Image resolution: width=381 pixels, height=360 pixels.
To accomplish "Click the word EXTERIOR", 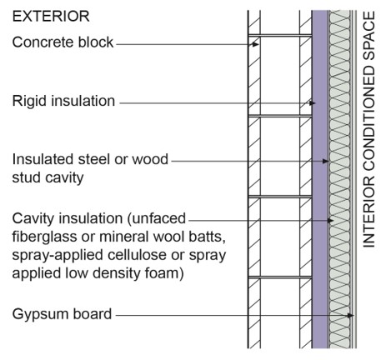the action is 51,16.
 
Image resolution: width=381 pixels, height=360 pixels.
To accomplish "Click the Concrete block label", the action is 63,42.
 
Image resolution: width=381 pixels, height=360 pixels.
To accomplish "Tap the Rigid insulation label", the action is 63,101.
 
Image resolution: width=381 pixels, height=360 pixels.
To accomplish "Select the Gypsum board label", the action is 62,314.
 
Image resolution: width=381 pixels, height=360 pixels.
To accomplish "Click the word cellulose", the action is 135,255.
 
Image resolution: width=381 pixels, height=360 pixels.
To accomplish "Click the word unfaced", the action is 157,218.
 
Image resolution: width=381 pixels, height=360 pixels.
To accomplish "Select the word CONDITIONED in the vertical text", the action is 369,117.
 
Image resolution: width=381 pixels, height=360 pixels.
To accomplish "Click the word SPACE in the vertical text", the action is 369,36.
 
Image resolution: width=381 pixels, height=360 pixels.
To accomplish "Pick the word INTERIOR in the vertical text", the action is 369,212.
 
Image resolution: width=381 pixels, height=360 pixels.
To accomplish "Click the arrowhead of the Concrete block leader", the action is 255,44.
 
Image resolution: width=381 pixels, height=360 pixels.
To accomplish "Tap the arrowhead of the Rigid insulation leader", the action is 313,103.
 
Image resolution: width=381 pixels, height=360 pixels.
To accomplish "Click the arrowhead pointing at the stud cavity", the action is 325,161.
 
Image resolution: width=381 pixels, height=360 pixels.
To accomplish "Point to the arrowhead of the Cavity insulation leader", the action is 330,221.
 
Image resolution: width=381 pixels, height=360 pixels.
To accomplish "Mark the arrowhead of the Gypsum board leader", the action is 350,316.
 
